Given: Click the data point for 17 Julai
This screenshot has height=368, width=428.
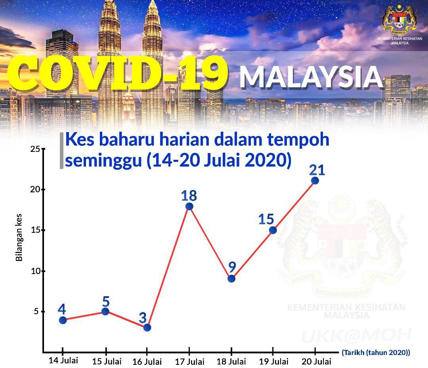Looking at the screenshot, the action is click(189, 206).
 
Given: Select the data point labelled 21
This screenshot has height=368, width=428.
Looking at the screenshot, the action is click(315, 180).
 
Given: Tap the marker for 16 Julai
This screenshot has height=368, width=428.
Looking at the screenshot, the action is click(147, 327).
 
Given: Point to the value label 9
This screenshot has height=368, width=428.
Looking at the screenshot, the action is click(232, 267).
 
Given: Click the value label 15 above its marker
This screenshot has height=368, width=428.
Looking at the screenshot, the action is click(266, 219).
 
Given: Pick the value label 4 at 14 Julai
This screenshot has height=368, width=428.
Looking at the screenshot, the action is click(62, 310).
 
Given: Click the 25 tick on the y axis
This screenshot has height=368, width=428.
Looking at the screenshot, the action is click(35, 149).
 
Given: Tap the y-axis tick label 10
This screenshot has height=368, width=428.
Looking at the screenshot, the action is click(35, 271).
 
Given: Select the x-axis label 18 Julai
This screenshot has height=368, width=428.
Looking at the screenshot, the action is click(231, 362).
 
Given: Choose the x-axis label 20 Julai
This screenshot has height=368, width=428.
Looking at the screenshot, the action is click(316, 362).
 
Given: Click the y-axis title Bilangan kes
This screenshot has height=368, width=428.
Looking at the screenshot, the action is click(19, 238).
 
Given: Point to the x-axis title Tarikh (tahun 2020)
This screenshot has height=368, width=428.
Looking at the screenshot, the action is click(376, 353).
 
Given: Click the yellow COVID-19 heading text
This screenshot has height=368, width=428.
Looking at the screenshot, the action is click(117, 73).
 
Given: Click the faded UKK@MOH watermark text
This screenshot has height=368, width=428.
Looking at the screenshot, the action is click(356, 335).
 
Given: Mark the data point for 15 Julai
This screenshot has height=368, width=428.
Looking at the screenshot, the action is click(105, 311).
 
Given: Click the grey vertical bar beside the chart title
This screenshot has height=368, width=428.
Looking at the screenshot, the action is click(62, 151).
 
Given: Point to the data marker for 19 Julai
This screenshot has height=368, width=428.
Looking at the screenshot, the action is click(273, 230).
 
